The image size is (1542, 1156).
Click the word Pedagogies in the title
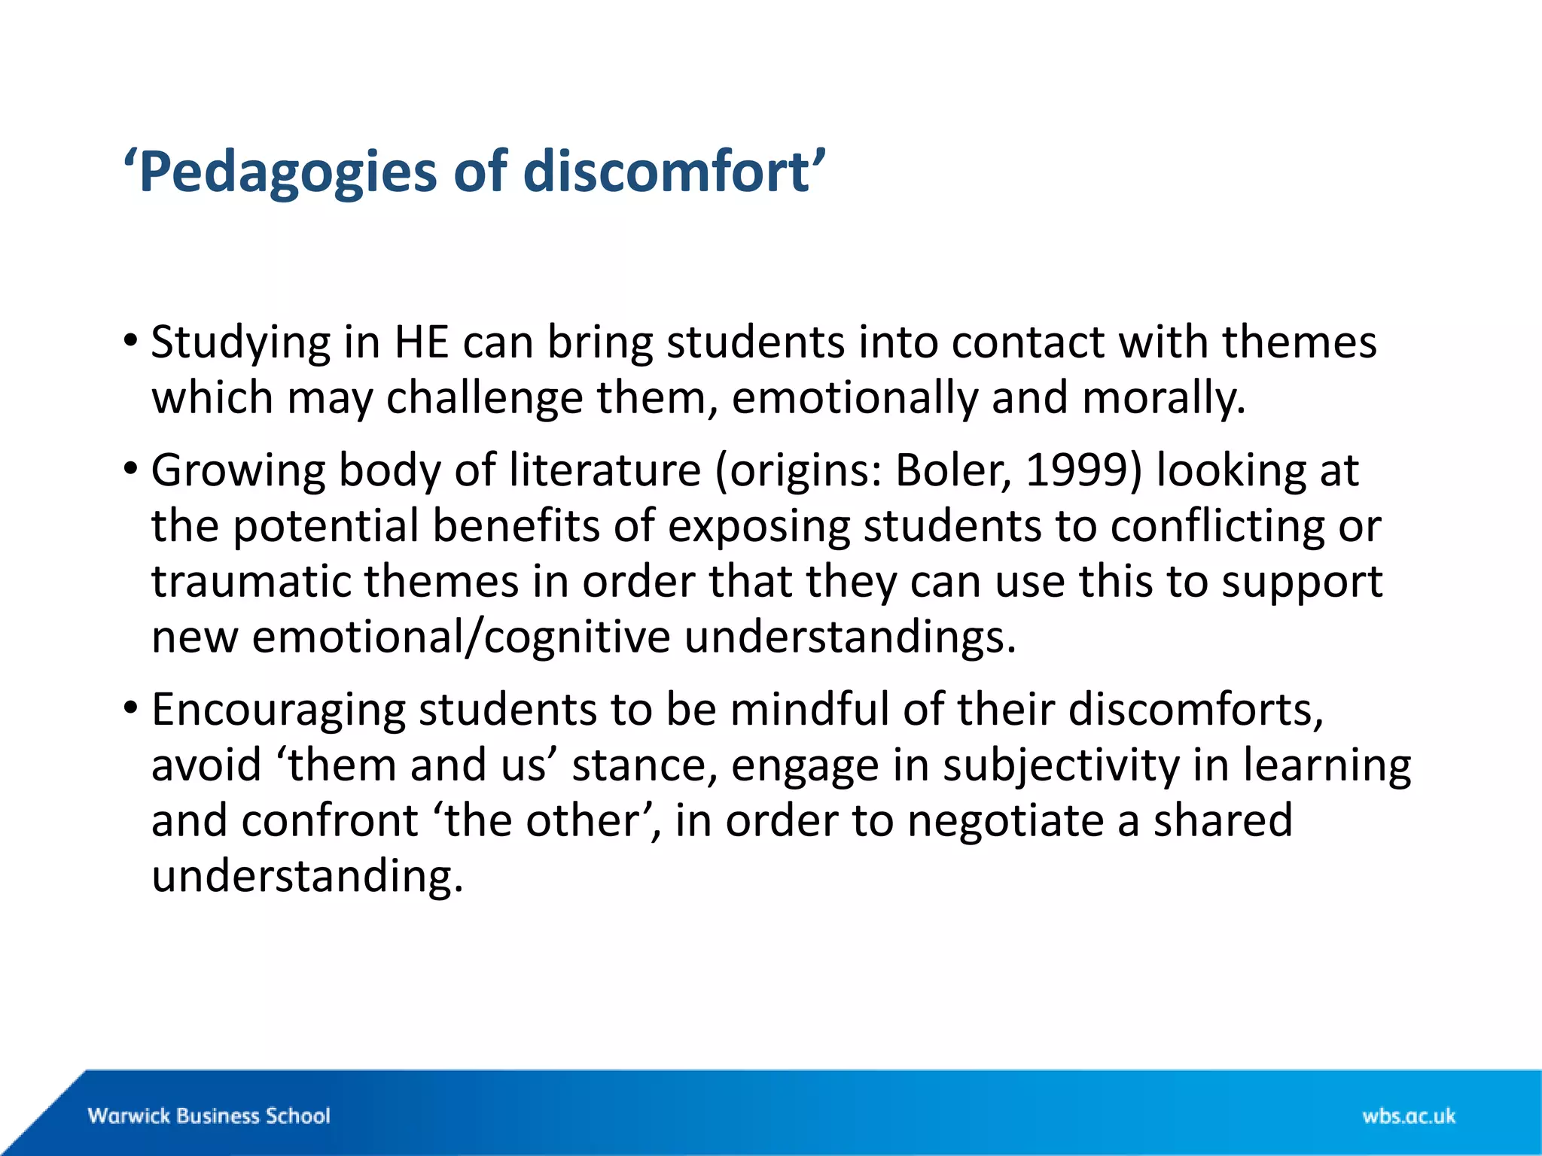(287, 172)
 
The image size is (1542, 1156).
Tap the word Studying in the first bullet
(240, 343)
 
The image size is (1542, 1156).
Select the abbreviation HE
(422, 342)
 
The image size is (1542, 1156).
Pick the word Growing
(238, 471)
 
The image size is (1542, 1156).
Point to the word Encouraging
(278, 710)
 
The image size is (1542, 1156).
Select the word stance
(639, 765)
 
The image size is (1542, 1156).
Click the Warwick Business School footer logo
(209, 1115)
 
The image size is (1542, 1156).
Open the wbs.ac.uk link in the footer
(1408, 1115)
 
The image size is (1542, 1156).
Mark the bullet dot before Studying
(131, 341)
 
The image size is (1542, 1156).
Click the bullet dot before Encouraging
(131, 708)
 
